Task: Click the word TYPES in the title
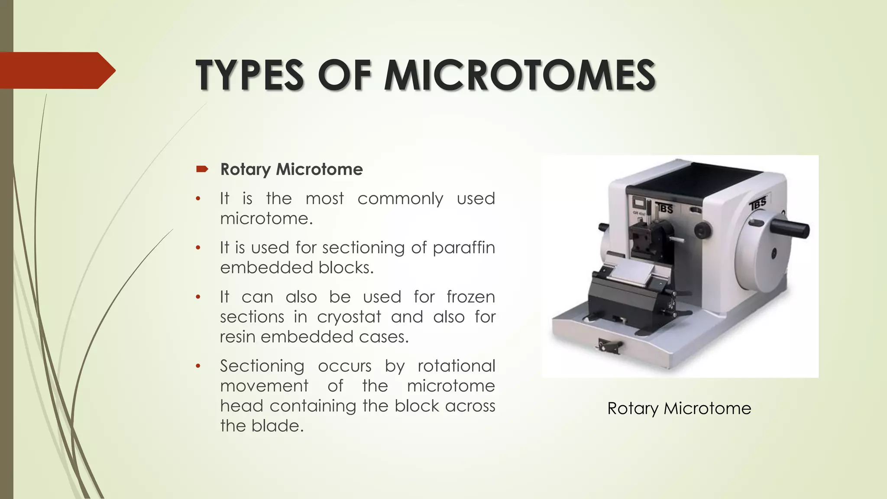(250, 75)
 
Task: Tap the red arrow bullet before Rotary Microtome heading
(202, 169)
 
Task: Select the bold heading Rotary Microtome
(291, 169)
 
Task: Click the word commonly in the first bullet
(400, 198)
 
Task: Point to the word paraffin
(463, 248)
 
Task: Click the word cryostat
(349, 317)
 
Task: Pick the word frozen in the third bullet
(470, 297)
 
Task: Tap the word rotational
(456, 366)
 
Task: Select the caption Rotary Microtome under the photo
(679, 408)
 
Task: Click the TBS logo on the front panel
(664, 208)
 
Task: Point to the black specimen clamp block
(644, 240)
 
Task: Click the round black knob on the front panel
(702, 230)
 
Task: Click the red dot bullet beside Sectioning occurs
(198, 366)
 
